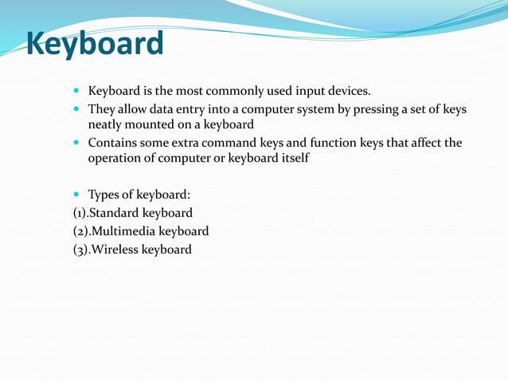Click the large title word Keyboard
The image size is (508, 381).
pos(95,45)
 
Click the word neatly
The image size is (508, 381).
pos(105,125)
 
